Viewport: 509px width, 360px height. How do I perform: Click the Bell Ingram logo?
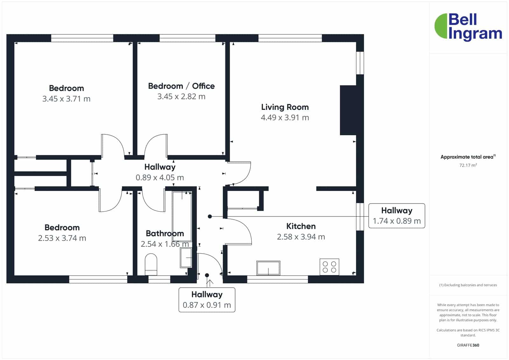pos(468,27)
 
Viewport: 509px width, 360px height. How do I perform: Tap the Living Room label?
pos(285,107)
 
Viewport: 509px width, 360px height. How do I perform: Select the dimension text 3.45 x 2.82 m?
pos(181,97)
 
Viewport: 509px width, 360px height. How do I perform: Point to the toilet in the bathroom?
pos(151,264)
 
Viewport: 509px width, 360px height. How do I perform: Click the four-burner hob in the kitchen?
pos(329,267)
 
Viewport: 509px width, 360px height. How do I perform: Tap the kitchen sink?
pos(268,268)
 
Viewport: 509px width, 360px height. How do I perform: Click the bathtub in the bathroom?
pos(182,216)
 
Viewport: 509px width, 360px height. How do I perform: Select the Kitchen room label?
pos(301,226)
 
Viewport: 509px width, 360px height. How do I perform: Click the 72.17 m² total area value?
pos(468,165)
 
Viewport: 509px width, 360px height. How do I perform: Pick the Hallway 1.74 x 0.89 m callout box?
pos(396,216)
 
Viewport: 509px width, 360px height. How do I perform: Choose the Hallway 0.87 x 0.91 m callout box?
pos(207,300)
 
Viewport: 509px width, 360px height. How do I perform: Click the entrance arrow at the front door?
pos(210,283)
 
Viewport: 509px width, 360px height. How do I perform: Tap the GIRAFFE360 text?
pos(468,345)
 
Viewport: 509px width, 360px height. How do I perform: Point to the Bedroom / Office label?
pos(181,86)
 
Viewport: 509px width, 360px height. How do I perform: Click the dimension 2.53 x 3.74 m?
pos(62,238)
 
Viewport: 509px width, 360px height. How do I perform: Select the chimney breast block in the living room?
pos(348,110)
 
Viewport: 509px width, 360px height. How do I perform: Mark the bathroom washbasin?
pos(186,258)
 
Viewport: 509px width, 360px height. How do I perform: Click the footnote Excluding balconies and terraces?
pos(468,285)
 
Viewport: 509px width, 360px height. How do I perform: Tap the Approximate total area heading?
pos(468,157)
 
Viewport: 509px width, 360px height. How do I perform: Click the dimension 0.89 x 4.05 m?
pos(160,177)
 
